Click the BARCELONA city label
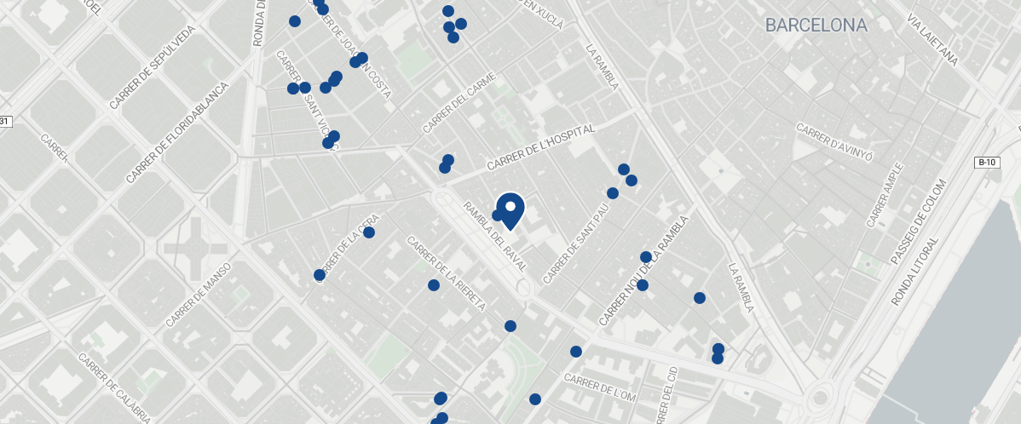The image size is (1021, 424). (x=816, y=26)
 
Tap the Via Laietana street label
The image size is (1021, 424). (x=933, y=39)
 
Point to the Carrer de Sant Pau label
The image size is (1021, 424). (x=578, y=244)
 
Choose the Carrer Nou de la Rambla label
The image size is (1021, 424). (x=643, y=271)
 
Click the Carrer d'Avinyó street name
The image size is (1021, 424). (x=835, y=142)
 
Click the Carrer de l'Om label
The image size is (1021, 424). (x=600, y=390)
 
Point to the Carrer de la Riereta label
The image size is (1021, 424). (x=446, y=273)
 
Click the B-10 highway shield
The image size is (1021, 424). (x=987, y=162)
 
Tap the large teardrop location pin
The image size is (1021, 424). (x=510, y=209)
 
